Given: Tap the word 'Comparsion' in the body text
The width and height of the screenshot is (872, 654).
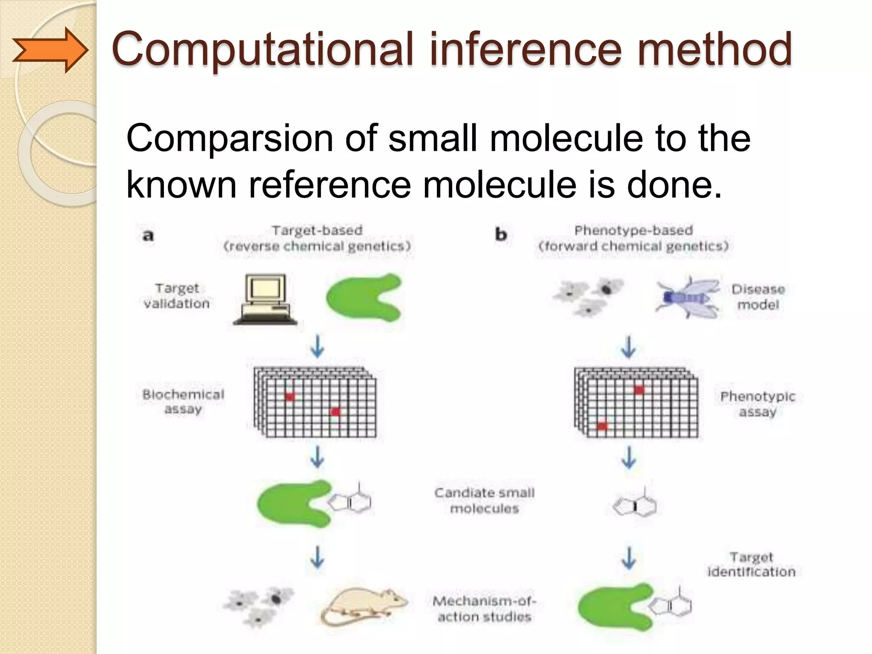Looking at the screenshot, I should [x=230, y=138].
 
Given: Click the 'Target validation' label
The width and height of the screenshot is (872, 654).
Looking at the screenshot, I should [x=177, y=296].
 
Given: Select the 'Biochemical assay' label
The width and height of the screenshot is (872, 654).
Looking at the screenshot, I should [x=183, y=402].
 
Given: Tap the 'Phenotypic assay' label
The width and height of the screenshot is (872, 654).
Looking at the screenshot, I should [x=757, y=404].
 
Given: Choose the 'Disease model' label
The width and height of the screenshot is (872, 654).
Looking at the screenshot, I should [x=758, y=297].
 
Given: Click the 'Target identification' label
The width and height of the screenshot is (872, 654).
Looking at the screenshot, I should [x=751, y=564].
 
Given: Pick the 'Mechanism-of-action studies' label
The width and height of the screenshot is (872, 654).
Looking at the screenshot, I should [x=485, y=609].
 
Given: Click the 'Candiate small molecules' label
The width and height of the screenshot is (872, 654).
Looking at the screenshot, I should [x=485, y=500].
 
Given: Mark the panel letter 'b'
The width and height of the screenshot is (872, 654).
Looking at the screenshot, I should [x=501, y=235].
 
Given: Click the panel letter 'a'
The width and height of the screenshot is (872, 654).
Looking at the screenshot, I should [x=148, y=235].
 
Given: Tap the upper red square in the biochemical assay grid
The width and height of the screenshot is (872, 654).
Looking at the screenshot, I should [x=290, y=397].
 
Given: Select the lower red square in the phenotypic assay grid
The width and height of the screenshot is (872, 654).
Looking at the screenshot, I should [x=602, y=425].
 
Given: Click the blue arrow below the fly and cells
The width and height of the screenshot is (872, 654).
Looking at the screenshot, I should [x=629, y=347].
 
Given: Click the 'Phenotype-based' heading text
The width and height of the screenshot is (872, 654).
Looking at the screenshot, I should [x=634, y=230].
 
